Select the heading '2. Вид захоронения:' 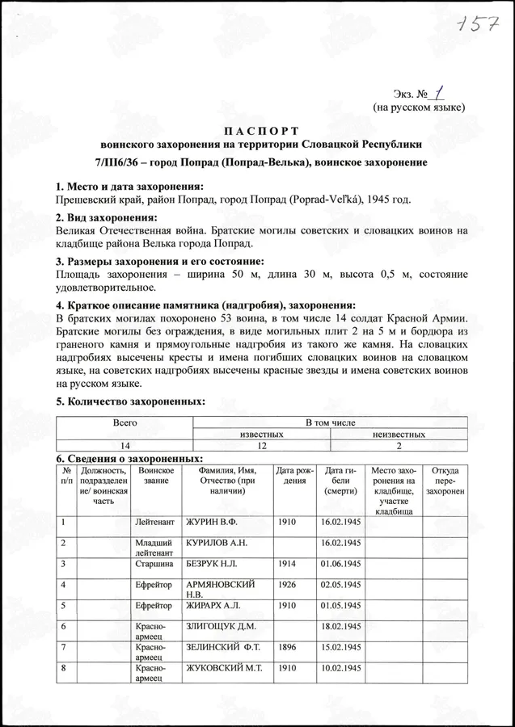pos(105,217)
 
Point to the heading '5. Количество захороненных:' pos(129,401)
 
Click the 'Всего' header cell pos(125,422)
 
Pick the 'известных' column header pos(261,434)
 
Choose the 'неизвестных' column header pos(399,434)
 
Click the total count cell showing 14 pos(125,445)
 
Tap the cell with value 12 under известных pos(261,445)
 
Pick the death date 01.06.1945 pos(340,563)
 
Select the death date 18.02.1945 pos(340,626)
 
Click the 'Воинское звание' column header pos(156,476)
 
